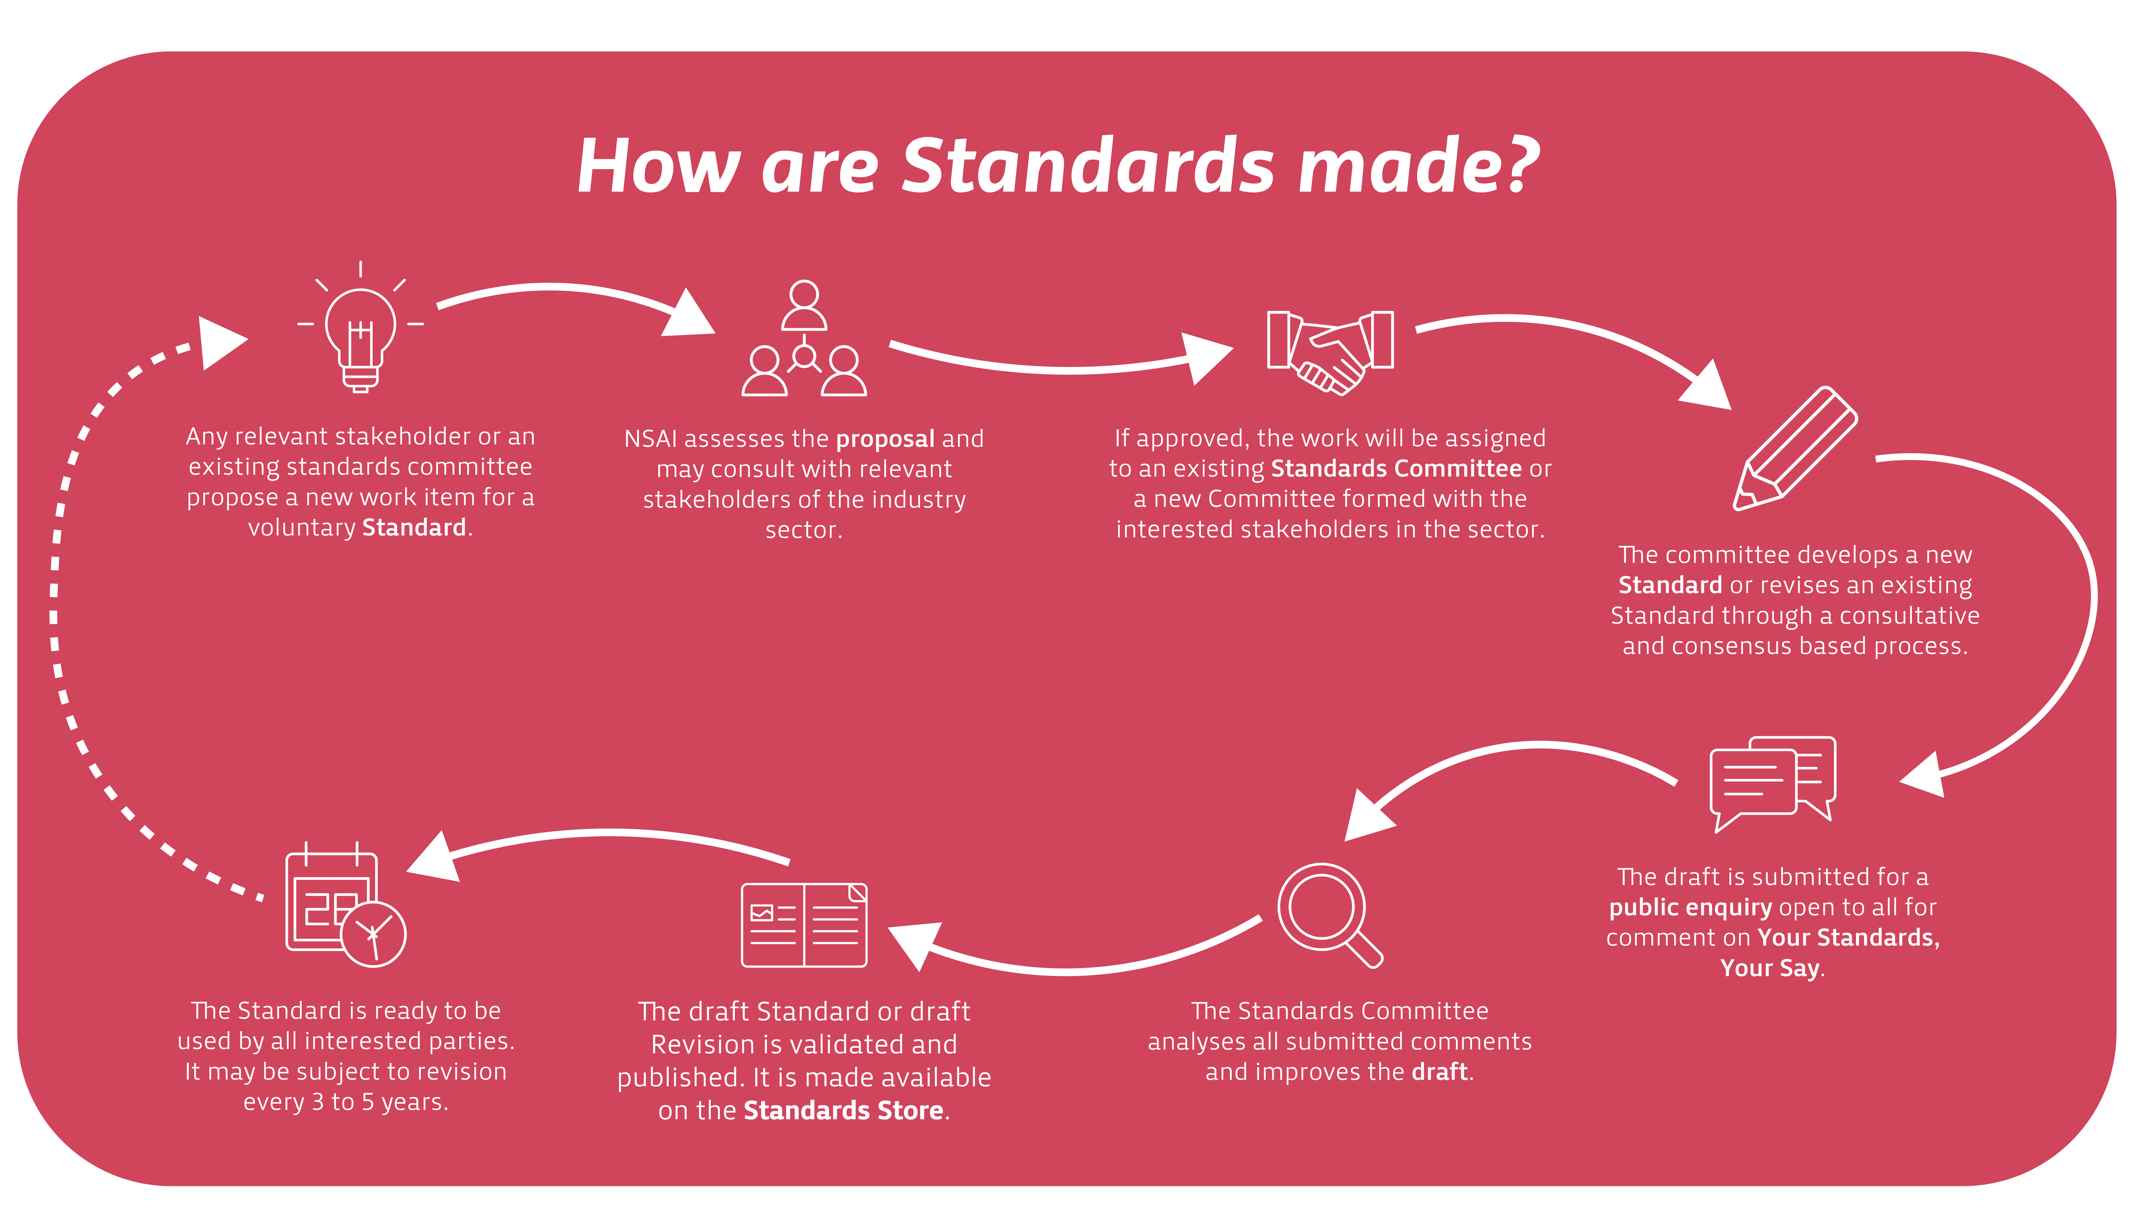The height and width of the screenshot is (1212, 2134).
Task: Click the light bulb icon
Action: point(361,329)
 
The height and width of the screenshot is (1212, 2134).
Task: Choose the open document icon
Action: point(804,925)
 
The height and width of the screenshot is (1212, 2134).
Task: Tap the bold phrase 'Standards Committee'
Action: point(1396,469)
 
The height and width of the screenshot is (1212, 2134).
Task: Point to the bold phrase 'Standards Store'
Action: point(844,1110)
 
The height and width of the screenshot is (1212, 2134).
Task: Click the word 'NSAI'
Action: point(650,439)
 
